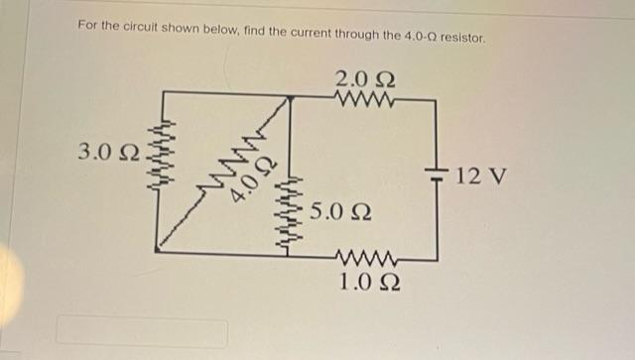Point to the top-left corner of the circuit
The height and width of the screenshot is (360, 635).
159,92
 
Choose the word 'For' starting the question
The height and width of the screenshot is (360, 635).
87,22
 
